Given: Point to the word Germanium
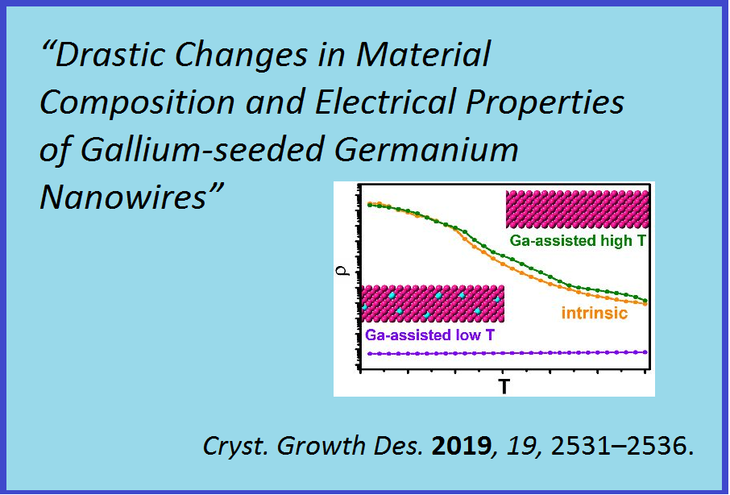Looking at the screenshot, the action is click(x=426, y=150).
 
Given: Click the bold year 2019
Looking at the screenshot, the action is click(x=461, y=446).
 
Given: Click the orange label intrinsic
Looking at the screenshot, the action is click(x=595, y=313).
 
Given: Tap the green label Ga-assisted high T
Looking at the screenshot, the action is click(x=578, y=241).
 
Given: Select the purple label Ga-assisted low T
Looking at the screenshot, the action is click(x=429, y=335).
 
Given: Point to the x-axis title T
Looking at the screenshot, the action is click(x=504, y=386).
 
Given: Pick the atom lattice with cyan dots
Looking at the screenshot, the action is click(x=433, y=304).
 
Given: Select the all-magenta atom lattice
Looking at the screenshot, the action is click(x=577, y=209).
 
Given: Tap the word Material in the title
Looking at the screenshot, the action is click(x=424, y=55).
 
